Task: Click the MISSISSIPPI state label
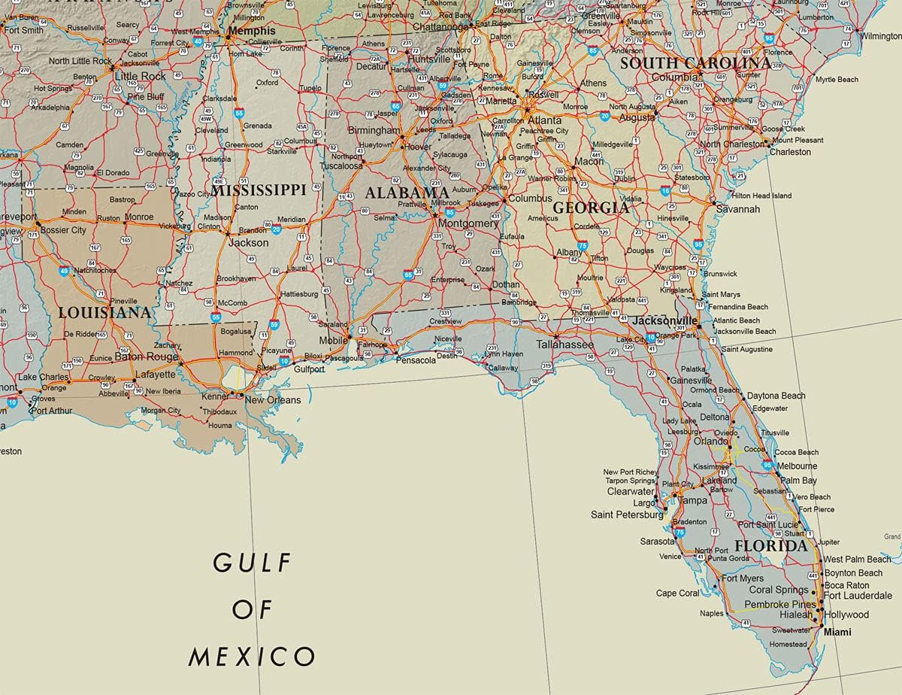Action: click(258, 190)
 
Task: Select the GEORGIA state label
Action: click(591, 207)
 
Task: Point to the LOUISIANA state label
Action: click(104, 311)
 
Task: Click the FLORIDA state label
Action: click(770, 545)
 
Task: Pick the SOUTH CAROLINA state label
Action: click(695, 62)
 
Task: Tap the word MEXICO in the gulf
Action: click(252, 656)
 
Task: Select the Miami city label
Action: click(837, 632)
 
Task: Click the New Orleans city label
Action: click(273, 399)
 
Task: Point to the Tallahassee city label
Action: click(565, 344)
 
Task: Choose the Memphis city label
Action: click(252, 31)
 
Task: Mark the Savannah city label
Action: click(737, 208)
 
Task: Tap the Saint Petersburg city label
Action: click(627, 514)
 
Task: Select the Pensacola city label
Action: click(416, 360)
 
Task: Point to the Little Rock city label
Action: click(140, 76)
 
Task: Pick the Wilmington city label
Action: click(880, 36)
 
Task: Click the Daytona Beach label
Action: click(775, 396)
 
